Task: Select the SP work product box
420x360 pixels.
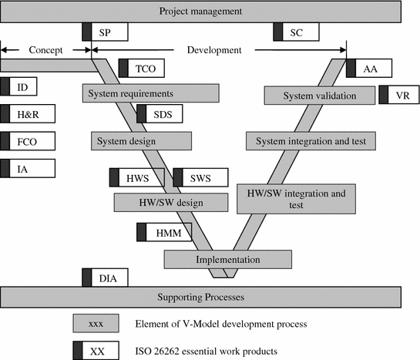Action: [x=105, y=32]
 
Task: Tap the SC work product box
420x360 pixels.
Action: [x=297, y=32]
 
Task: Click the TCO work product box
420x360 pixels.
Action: [x=141, y=69]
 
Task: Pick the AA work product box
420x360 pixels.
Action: [x=369, y=69]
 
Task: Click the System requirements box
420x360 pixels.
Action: [x=135, y=93]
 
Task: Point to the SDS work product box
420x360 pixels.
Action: [x=159, y=115]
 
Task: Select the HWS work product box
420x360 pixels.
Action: [x=137, y=177]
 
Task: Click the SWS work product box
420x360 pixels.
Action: [x=201, y=177]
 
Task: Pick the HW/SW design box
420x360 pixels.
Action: [x=170, y=202]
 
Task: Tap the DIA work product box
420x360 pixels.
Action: [x=105, y=278]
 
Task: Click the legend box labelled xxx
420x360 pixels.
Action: [x=96, y=323]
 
